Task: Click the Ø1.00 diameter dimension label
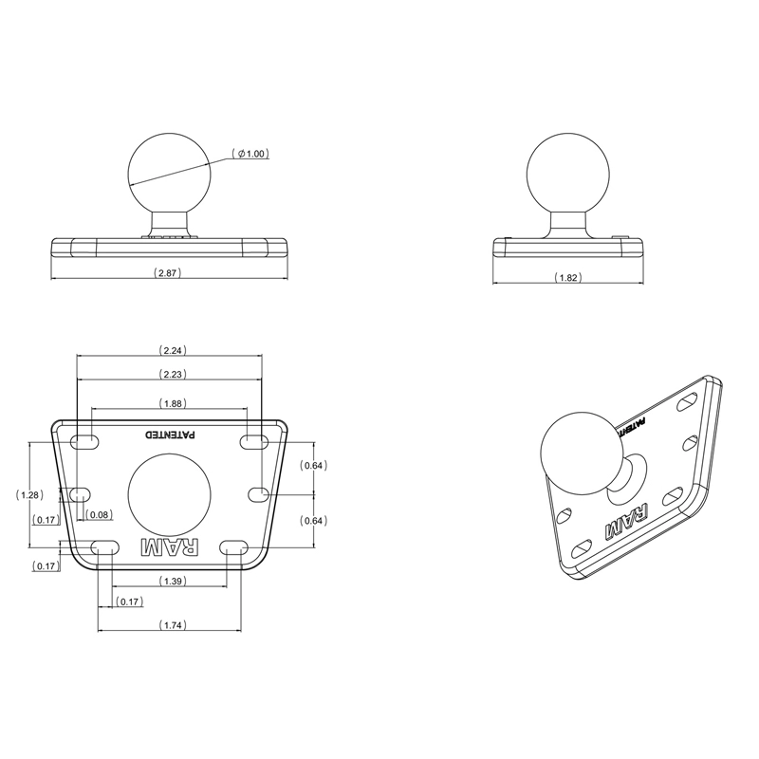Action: point(251,154)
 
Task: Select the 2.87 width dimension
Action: point(167,272)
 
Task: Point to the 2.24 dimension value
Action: point(172,348)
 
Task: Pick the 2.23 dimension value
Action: point(172,374)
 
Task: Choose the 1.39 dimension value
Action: point(172,580)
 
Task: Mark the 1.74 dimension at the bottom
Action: point(172,624)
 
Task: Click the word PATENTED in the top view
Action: point(171,435)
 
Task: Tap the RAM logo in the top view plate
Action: point(171,547)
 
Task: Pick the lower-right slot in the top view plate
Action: point(235,546)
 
